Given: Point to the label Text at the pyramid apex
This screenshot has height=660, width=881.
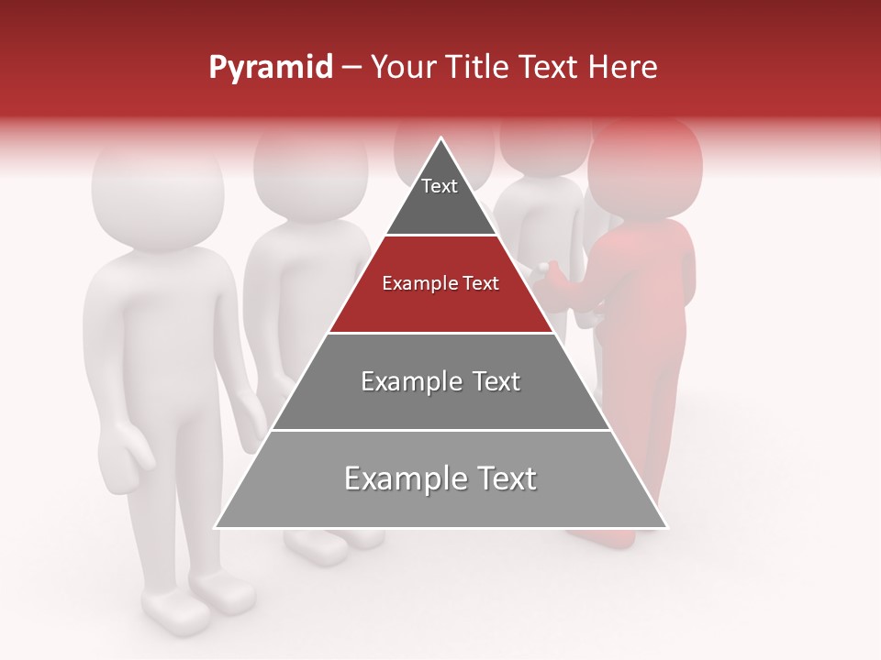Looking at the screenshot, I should click(x=439, y=186).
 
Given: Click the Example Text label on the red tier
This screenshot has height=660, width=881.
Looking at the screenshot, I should click(x=440, y=283).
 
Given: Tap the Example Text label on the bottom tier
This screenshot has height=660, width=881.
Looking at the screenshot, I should click(x=440, y=478).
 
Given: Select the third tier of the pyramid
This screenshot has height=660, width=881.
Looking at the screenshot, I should click(x=440, y=403).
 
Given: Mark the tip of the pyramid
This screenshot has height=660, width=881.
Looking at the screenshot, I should click(x=440, y=140).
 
